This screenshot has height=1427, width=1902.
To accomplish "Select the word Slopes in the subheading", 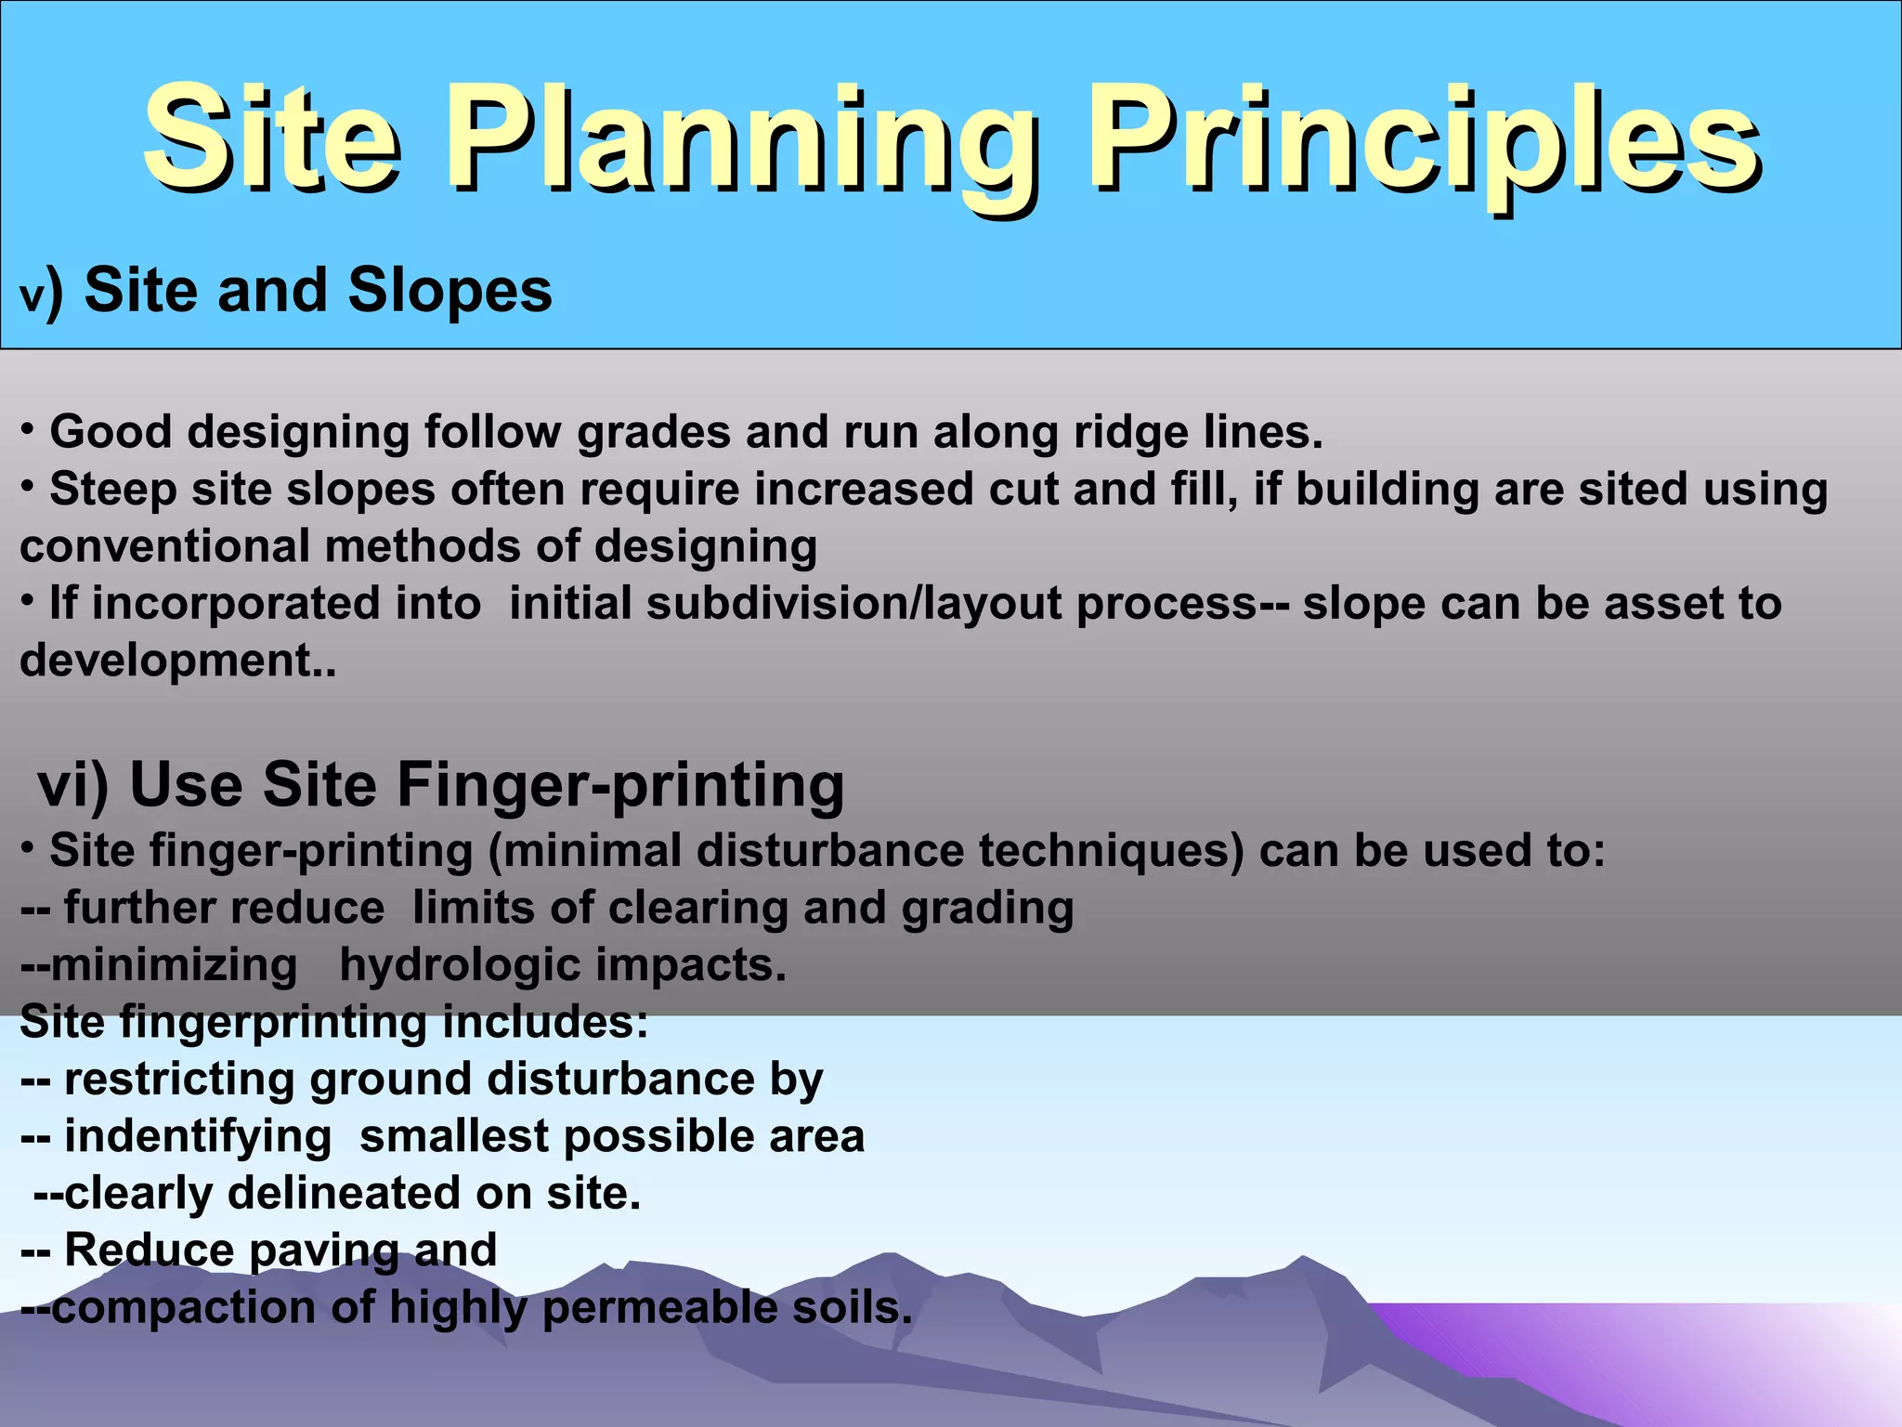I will coord(449,291).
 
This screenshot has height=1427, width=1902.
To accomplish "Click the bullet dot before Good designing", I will coord(29,429).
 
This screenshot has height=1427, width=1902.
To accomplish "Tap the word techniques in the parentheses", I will coord(1111,851).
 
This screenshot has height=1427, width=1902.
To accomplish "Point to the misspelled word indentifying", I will coord(198,1136).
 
